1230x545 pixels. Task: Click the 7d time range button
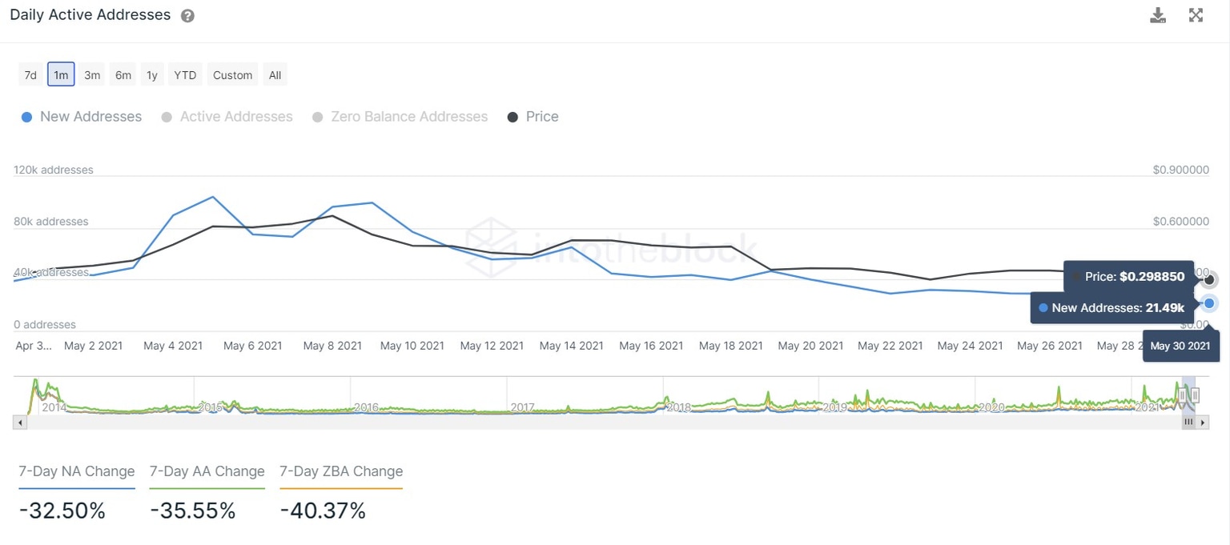point(30,75)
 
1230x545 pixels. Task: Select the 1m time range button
point(61,75)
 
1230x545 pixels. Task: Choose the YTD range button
point(185,75)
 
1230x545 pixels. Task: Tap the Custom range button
point(232,75)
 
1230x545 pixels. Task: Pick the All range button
point(275,75)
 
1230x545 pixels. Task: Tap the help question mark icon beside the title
point(187,16)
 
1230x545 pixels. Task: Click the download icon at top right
point(1158,15)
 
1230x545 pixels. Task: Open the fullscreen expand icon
point(1196,15)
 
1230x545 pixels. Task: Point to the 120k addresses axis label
point(54,170)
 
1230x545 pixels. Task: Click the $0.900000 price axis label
point(1180,170)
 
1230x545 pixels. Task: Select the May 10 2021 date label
point(412,346)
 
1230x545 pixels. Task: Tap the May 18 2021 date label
point(730,346)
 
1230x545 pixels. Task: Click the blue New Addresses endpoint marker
point(1209,303)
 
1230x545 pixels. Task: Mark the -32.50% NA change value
point(62,511)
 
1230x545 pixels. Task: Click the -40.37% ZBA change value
point(323,511)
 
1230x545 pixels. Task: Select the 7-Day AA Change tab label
point(207,471)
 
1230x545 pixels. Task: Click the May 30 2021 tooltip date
point(1180,347)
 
